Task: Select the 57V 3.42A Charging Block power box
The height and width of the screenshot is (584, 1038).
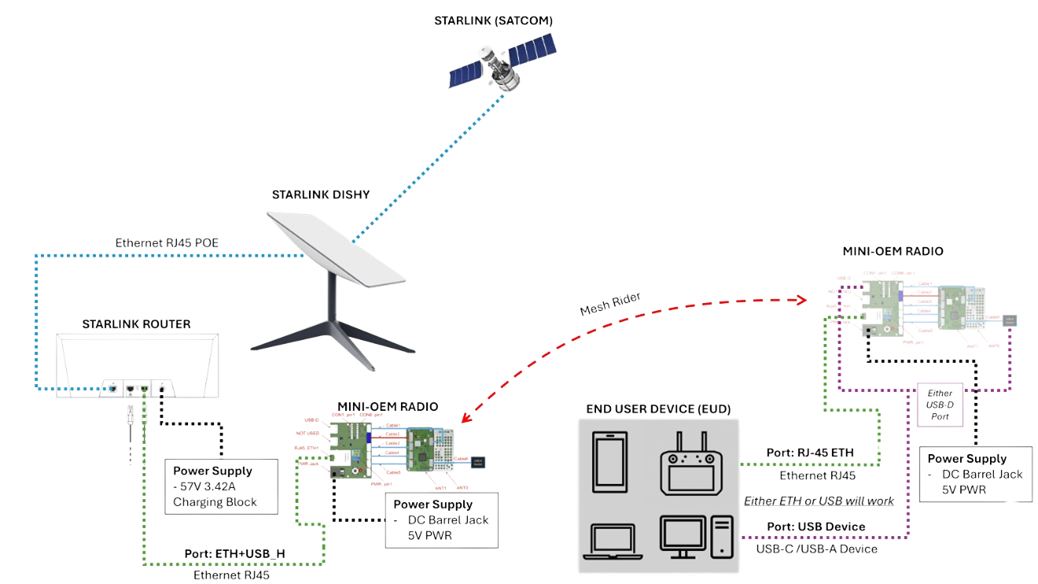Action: pyautogui.click(x=220, y=486)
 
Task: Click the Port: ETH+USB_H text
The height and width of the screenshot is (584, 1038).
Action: pyautogui.click(x=234, y=554)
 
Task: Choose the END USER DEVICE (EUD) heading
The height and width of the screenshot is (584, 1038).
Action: pyautogui.click(x=658, y=409)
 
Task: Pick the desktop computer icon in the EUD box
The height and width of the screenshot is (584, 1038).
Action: pyautogui.click(x=698, y=537)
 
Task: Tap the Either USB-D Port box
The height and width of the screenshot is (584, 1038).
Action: pyautogui.click(x=940, y=403)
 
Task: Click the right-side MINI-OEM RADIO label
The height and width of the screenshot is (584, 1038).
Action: pyautogui.click(x=893, y=251)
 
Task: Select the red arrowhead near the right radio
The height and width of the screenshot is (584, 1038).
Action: pyautogui.click(x=802, y=300)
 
